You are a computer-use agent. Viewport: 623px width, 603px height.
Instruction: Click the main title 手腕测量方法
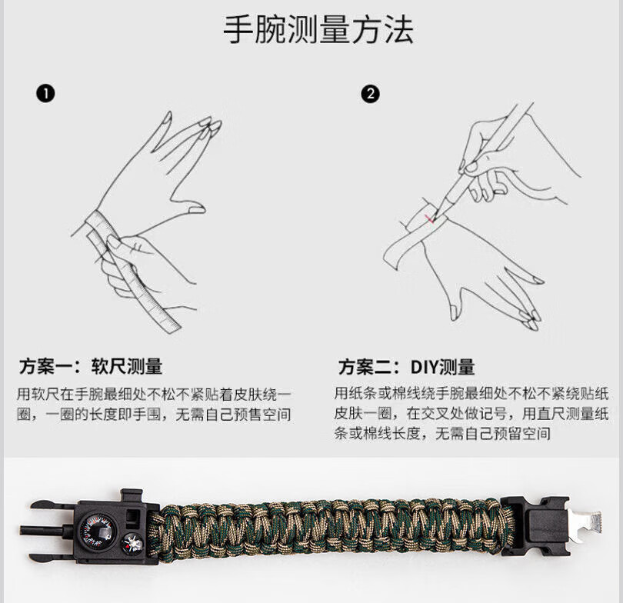318,30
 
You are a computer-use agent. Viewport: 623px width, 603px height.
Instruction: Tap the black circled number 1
45,94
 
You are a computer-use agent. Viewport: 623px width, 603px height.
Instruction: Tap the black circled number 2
370,94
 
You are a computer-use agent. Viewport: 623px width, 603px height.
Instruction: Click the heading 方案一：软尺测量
91,366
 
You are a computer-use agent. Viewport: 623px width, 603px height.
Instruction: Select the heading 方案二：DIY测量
406,367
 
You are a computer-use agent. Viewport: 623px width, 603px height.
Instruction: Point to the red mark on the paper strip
429,218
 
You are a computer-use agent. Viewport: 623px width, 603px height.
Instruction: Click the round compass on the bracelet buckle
98,532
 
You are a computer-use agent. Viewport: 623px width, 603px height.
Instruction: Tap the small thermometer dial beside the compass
133,544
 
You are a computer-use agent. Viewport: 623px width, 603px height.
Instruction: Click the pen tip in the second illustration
436,217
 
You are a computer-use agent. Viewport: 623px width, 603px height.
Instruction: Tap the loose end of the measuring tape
171,323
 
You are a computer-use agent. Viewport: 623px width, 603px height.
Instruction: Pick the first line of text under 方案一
154,395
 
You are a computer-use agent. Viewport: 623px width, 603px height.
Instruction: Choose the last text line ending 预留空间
442,433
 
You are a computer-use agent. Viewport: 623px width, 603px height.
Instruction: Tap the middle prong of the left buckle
48,530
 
